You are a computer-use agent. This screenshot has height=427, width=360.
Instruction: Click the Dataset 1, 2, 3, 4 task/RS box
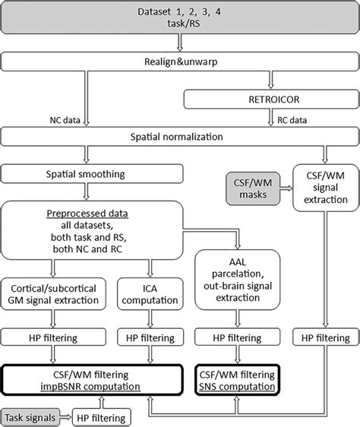coord(180,17)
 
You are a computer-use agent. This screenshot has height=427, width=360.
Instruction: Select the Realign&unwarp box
coord(180,62)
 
